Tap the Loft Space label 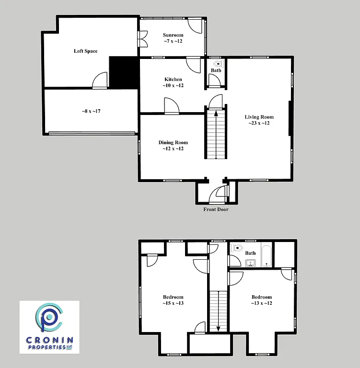[86, 51]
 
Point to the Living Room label [259, 117]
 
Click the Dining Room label [173, 142]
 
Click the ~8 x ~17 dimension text [91, 111]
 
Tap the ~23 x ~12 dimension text [259, 123]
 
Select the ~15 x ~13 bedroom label [173, 303]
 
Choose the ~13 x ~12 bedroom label [262, 303]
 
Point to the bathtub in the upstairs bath [267, 255]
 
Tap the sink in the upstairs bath [250, 263]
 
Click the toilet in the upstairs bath [237, 248]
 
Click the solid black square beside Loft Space [124, 72]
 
